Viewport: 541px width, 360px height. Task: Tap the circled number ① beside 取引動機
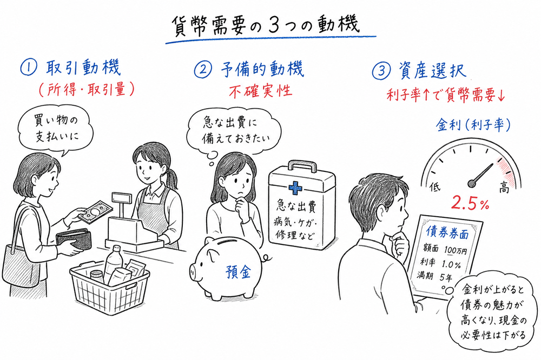(x=28, y=70)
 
